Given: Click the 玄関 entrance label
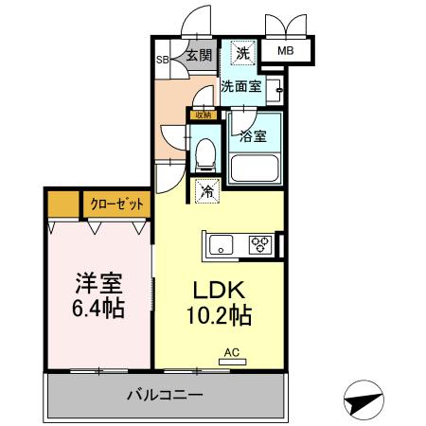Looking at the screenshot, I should coord(198,54).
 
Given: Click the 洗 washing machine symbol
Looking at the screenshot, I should coord(243,54).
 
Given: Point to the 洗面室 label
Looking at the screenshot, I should coord(240,86).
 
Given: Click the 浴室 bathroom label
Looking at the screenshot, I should coord(253,135).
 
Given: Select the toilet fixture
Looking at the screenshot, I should coord(206,155).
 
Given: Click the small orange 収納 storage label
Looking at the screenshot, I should coord(201,115).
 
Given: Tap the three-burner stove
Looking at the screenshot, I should coord(259,244).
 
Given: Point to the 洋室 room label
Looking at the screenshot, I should coord(99,283).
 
